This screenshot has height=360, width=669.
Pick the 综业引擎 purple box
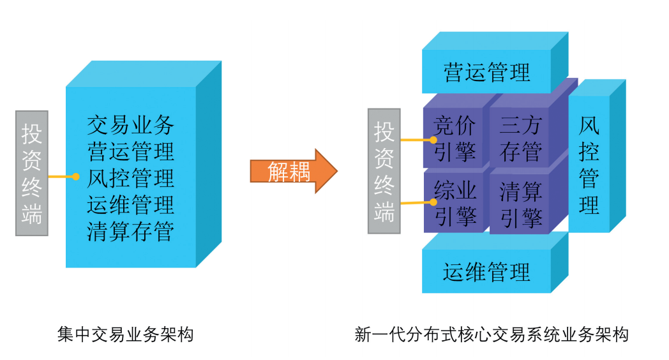click(455, 203)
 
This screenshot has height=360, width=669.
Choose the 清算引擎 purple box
click(520, 203)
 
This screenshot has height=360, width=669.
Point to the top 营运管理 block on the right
click(486, 72)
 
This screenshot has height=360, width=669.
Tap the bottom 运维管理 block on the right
click(486, 271)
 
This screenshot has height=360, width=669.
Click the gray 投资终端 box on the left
click(32, 173)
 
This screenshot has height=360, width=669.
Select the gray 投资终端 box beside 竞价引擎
click(384, 170)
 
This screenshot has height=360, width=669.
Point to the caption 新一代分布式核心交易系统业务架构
click(492, 334)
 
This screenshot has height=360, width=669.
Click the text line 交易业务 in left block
click(130, 124)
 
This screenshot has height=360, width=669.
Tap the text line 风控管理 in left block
click(130, 178)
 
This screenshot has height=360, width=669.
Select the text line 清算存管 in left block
click(130, 232)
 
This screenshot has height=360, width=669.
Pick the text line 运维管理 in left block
click(130, 205)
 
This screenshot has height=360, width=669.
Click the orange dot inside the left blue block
click(76, 176)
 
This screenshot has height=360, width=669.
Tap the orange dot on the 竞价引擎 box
click(433, 140)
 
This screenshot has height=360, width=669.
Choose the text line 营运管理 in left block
click(130, 151)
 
